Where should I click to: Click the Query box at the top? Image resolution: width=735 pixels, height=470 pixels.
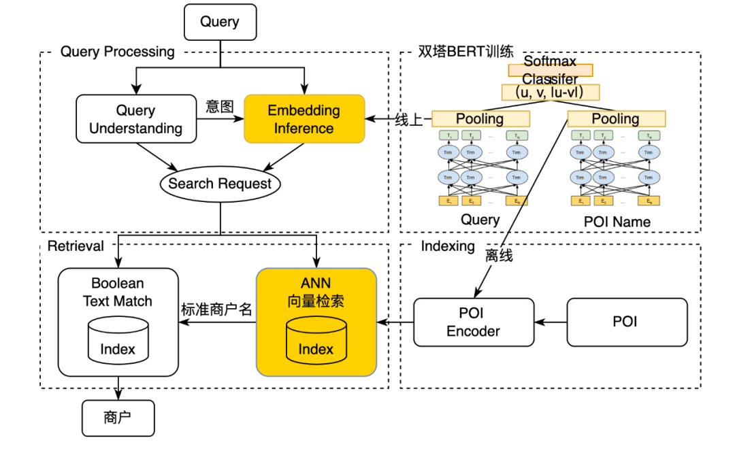coord(220,22)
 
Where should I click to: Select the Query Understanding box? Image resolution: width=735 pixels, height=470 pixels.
coord(135,119)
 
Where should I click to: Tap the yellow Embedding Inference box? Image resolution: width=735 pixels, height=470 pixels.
coord(304,119)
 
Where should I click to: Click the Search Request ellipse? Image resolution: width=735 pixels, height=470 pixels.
coord(220,184)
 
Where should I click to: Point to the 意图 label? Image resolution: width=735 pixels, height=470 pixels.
coord(220,107)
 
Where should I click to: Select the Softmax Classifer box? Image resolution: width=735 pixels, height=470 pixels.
coord(550,70)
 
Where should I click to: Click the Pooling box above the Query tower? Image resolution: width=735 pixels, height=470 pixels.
coord(480,119)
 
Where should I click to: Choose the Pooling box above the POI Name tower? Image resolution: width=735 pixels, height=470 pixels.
coord(616,119)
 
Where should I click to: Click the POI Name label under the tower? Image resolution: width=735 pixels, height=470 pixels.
coord(617,222)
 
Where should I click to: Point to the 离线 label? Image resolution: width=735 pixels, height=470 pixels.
coord(499,256)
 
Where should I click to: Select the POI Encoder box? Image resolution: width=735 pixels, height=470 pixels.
coord(473,322)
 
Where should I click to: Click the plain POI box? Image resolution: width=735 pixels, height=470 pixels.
coord(625,322)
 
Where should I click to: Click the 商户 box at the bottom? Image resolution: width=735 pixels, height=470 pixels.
coord(118,418)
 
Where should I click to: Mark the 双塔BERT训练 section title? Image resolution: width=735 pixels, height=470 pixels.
coord(466,52)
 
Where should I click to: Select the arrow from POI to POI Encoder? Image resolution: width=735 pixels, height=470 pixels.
coord(550,322)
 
